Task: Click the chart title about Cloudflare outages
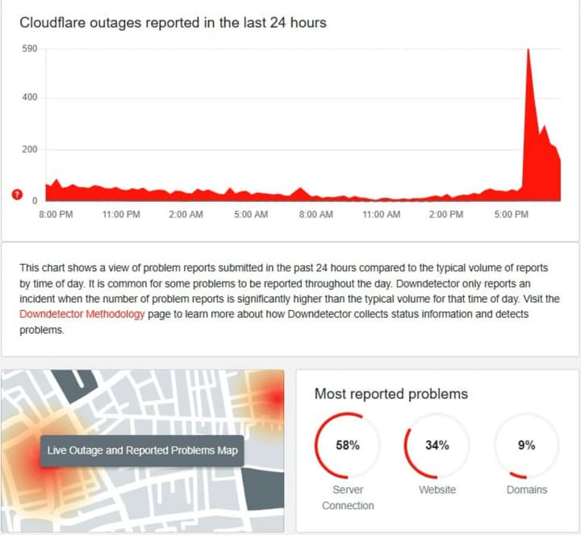(173, 22)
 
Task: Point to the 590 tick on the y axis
(30, 49)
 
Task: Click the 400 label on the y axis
(30, 98)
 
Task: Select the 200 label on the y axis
(30, 149)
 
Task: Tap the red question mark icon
(17, 194)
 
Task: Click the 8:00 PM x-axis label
(56, 215)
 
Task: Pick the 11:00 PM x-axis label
(121, 215)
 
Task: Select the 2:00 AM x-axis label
(186, 215)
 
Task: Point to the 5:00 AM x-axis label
(251, 215)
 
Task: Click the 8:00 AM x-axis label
(316, 215)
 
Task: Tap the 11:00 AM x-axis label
(381, 215)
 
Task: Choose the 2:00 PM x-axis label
(445, 215)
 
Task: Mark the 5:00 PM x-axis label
(511, 215)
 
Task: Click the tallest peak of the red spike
(528, 50)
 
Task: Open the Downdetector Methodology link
(82, 315)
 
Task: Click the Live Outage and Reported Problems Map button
(143, 450)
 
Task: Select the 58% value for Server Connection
(348, 445)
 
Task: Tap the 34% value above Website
(437, 445)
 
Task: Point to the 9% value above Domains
(526, 445)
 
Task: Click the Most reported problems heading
(391, 394)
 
